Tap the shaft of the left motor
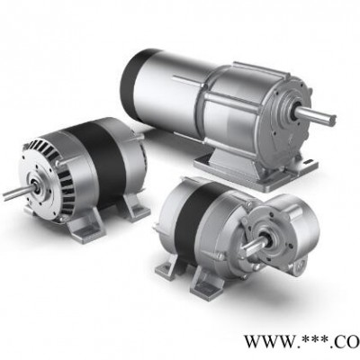click(x=18, y=192)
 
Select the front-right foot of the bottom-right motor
click(x=208, y=284)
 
